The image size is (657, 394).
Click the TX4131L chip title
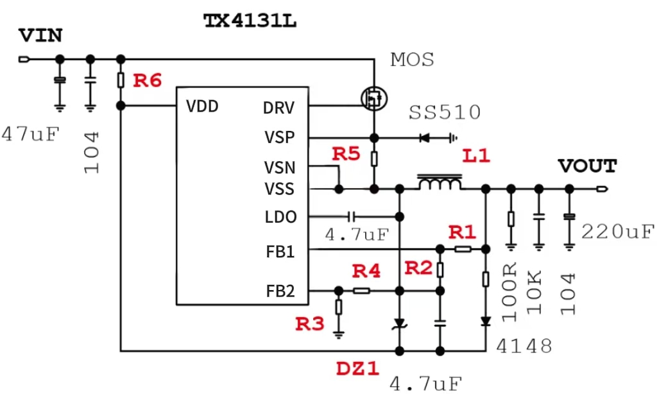250,21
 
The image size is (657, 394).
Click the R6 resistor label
147,81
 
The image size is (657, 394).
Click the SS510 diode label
445,113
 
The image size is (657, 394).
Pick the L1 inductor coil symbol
440,183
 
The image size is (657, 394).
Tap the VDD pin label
202,106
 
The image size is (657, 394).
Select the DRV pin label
278,108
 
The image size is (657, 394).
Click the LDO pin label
280,218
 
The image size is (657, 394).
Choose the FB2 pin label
280,292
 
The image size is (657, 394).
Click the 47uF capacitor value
30,134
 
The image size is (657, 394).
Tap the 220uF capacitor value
618,231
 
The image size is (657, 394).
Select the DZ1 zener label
357,369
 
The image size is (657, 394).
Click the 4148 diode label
524,347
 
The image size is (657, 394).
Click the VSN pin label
280,168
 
